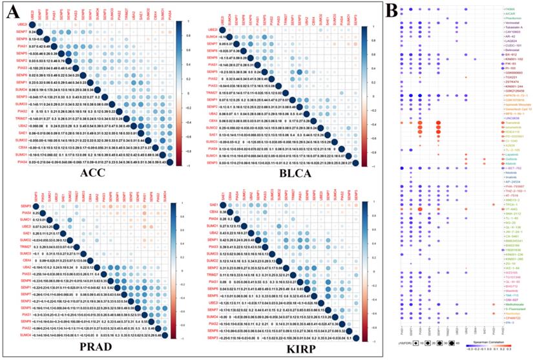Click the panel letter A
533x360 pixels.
coord(12,12)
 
